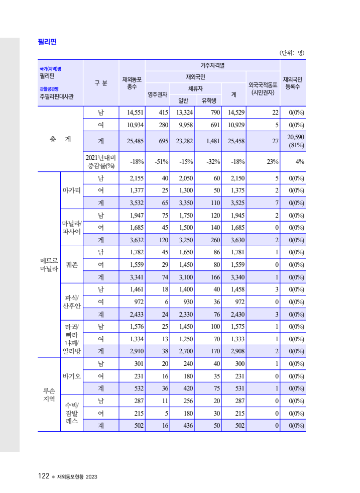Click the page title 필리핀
tap(47, 42)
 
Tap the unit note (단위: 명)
tap(292, 53)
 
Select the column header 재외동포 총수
tap(132, 83)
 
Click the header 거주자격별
tap(212, 65)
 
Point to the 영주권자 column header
tap(157, 94)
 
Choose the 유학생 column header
tap(208, 100)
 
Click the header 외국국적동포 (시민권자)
tap(263, 88)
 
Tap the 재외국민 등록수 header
tap(293, 83)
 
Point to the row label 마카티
tap(72, 190)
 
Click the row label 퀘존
tap(72, 264)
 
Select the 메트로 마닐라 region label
tap(49, 264)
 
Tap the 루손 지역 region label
tap(49, 395)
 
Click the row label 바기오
tap(72, 376)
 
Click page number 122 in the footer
tap(43, 476)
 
